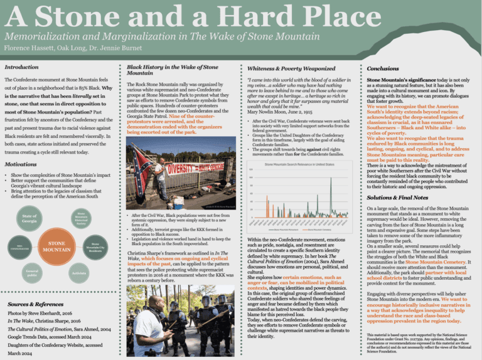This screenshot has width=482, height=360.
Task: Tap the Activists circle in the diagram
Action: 79,273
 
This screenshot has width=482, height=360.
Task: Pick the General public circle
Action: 33,273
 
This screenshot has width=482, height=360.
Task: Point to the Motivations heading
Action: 20,164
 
